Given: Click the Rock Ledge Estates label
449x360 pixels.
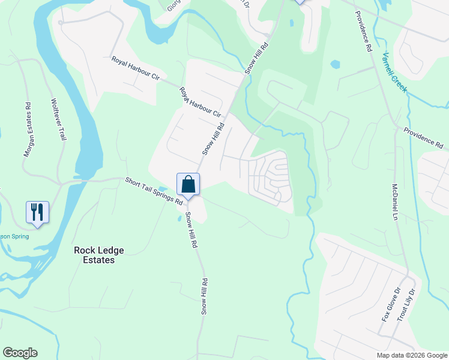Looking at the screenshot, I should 94,255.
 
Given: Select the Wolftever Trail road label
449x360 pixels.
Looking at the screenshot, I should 58,119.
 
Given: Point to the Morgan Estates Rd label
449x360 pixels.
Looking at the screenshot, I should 28,130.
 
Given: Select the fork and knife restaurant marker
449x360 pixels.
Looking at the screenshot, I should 37,213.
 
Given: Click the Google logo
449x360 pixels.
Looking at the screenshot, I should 20,353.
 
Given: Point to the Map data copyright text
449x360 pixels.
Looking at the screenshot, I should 412,355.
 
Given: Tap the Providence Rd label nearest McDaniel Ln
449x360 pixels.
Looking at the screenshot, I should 423,138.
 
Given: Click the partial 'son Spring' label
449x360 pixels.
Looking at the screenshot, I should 14,236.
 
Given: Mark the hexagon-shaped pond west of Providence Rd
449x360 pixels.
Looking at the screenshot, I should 335,64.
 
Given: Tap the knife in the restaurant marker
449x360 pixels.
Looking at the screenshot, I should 41,211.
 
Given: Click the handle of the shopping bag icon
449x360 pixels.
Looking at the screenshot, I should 188,179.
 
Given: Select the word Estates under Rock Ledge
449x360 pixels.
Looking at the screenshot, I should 94,260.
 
